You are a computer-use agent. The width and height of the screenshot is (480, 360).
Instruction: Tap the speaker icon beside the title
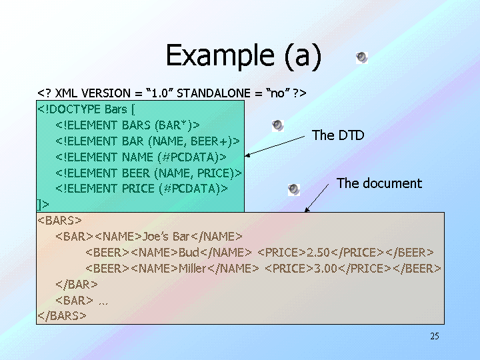click(361, 57)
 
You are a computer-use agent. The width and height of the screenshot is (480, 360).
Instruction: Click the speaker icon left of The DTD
click(278, 125)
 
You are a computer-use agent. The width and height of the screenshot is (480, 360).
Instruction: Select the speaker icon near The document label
click(293, 189)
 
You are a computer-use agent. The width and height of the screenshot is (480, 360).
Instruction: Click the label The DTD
click(338, 135)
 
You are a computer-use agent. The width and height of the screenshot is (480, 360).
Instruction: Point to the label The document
click(379, 183)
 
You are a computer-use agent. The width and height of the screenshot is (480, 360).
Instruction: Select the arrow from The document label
click(317, 199)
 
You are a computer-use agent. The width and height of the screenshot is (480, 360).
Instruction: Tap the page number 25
click(435, 336)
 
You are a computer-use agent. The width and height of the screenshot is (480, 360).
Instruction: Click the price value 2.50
click(318, 252)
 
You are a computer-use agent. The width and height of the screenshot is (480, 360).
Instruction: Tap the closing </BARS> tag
click(62, 315)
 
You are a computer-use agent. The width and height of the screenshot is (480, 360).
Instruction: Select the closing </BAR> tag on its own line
click(72, 284)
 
